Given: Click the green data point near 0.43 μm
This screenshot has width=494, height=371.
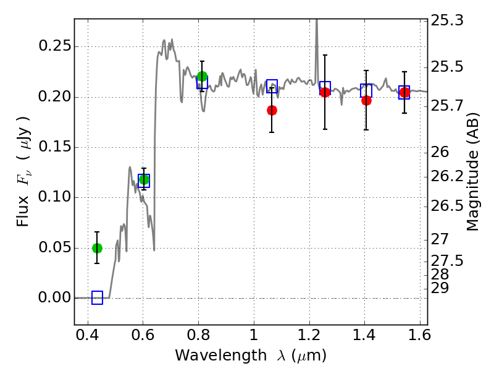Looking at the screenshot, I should (x=97, y=248).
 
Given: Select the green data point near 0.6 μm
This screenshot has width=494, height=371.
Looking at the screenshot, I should (x=144, y=180).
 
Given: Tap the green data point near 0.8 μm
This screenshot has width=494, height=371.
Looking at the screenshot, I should (x=202, y=77).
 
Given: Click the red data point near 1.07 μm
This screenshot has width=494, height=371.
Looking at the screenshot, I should (x=272, y=110).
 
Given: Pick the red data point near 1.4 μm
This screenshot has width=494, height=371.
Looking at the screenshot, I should (x=366, y=100).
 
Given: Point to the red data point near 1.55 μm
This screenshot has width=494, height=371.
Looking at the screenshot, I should (x=404, y=92).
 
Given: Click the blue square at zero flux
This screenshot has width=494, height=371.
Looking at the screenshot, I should (x=97, y=298).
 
